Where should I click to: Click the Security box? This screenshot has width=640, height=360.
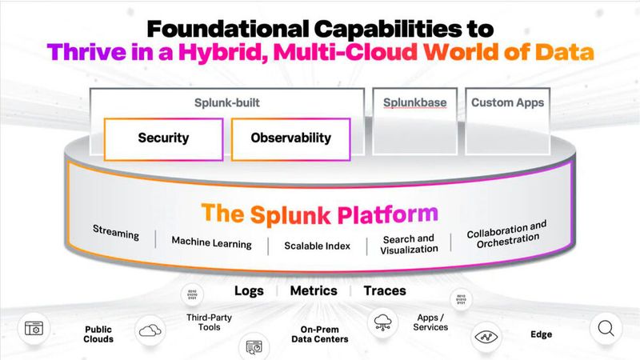click(163, 138)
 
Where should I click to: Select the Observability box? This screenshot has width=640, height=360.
click(290, 138)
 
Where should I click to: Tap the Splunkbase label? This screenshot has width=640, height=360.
click(414, 102)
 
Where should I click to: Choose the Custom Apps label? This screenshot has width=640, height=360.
click(507, 102)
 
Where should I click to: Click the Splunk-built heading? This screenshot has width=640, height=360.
click(227, 102)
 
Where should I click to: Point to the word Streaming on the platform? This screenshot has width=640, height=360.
click(116, 235)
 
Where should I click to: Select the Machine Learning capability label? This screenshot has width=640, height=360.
click(211, 242)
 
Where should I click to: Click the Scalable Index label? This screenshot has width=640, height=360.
click(317, 246)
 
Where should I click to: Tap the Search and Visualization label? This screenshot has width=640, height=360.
click(410, 243)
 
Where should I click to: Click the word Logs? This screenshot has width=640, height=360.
click(249, 290)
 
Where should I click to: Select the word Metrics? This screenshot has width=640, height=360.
click(313, 290)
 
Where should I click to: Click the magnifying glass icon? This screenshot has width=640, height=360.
click(606, 328)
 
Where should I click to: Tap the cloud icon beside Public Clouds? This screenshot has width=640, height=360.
click(150, 329)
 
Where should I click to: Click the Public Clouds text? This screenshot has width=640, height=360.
click(99, 334)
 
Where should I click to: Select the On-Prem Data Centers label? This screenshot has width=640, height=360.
click(324, 334)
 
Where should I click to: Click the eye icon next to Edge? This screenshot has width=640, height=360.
click(486, 337)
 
